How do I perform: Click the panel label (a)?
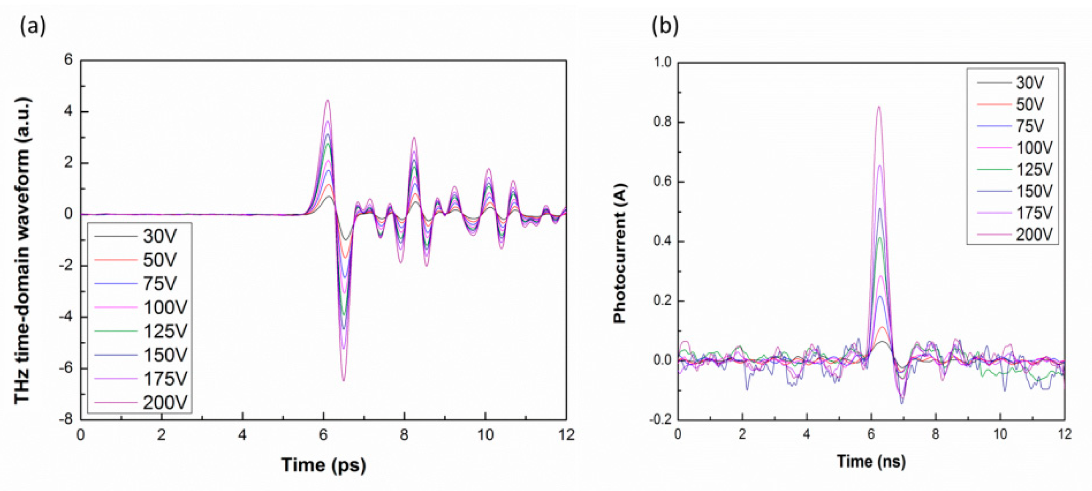click(x=33, y=27)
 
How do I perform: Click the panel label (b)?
click(x=665, y=27)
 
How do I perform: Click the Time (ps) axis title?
click(x=323, y=464)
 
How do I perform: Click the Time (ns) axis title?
click(x=871, y=461)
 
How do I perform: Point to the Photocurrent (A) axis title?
click(x=620, y=253)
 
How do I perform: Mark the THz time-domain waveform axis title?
click(x=22, y=250)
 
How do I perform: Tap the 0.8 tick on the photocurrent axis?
click(x=663, y=122)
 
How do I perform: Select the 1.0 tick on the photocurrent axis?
click(x=663, y=63)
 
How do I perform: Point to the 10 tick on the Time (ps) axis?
click(x=485, y=435)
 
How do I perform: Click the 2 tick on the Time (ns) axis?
click(x=742, y=434)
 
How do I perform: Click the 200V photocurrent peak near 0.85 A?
click(x=879, y=107)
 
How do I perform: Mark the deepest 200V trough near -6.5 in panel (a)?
click(x=344, y=380)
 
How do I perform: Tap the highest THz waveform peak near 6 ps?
click(x=327, y=101)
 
